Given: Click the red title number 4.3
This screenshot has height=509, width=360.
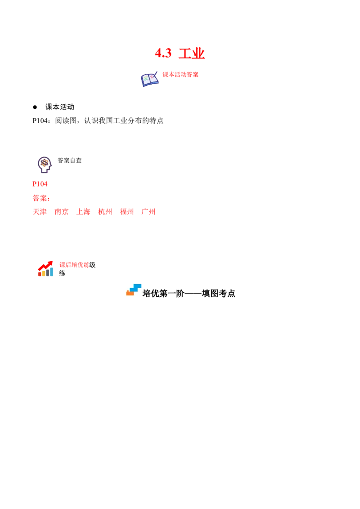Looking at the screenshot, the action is (163, 53).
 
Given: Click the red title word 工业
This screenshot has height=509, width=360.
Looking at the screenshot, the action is (192, 53).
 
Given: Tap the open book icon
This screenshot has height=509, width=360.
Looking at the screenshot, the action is (149, 79).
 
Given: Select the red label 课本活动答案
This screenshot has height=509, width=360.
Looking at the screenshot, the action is (180, 74).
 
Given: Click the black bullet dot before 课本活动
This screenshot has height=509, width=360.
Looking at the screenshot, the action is (35, 107).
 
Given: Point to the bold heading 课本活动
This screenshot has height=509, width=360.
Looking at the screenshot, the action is (60, 107).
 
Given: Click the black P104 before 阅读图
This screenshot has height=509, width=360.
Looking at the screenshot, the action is (40, 121).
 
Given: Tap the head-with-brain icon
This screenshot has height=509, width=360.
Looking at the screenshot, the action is (45, 165).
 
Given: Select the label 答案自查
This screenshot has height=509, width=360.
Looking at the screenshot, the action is (70, 161).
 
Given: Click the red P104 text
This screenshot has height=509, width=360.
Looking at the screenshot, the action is (40, 184).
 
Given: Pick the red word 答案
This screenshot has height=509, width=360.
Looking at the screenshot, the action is (40, 198).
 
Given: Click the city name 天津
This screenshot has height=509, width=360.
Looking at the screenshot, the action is (40, 212).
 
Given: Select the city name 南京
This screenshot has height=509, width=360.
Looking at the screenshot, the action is (61, 212).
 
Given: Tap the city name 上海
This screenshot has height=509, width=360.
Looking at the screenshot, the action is (83, 212).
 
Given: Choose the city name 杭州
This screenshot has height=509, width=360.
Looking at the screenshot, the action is (105, 212).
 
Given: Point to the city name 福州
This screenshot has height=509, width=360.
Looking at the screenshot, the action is (127, 212).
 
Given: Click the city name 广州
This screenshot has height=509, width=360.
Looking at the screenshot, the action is (148, 212).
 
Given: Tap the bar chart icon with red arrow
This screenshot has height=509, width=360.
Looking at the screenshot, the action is (45, 268).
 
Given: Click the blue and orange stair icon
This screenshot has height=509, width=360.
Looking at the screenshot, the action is (134, 290).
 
